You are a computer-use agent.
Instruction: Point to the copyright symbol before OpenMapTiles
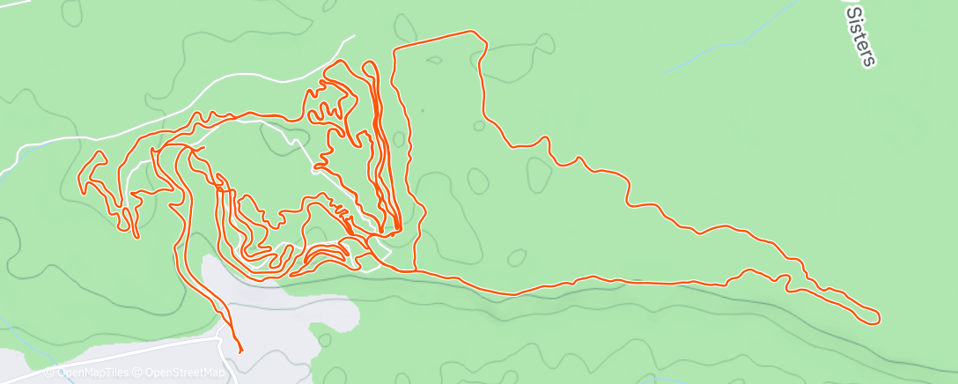click(51, 373)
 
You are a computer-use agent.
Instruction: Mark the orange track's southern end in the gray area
click(240, 351)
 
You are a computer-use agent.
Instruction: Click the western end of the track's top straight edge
click(394, 48)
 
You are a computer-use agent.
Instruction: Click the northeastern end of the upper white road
click(354, 37)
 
